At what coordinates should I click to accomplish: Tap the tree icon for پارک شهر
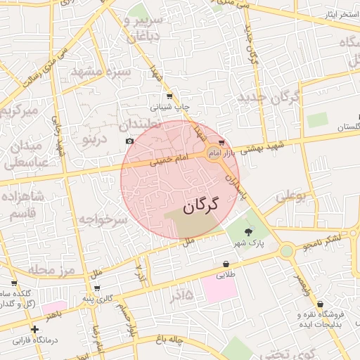[247, 232]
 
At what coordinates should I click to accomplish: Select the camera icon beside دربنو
[129, 141]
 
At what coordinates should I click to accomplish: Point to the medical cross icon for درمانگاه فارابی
[34, 329]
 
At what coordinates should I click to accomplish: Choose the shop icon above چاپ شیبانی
[169, 96]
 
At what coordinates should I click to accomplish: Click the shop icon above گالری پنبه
[96, 288]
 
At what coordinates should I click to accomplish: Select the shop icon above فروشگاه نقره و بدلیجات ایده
[321, 304]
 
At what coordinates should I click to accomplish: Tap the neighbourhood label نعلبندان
[141, 124]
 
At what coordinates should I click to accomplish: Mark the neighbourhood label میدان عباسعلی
[27, 156]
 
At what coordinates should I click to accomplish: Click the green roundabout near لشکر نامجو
[286, 250]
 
